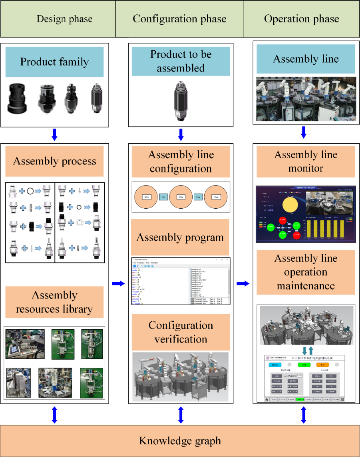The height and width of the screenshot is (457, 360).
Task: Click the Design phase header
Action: pos(64,19)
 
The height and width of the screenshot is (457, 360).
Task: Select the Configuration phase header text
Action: pos(179,19)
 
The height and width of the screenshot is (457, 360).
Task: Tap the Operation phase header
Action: pos(301,19)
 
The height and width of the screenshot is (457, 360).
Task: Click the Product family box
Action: pos(54,62)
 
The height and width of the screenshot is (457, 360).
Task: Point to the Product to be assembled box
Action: pos(181,61)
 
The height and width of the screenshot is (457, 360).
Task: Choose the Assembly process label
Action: pos(54,161)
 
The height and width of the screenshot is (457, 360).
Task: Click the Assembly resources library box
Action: pos(54,302)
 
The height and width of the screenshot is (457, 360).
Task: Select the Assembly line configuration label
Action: pos(181,161)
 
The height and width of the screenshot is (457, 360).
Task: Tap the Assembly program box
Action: pos(180,237)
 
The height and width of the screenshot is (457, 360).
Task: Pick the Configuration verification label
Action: pos(181,332)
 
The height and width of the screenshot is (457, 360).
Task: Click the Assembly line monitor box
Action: pos(306,161)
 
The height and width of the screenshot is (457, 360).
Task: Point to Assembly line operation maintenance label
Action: pos(306,272)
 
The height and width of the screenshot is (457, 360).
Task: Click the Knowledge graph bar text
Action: pos(180,441)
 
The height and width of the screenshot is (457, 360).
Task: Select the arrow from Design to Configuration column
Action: pos(118,283)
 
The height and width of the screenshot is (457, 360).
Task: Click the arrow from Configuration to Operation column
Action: pos(243,283)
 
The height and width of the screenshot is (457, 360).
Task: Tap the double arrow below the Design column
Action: pos(55,415)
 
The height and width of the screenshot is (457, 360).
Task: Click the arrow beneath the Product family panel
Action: pos(55,135)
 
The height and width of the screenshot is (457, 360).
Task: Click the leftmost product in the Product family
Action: pos(19,99)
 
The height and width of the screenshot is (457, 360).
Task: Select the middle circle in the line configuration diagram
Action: pos(181,197)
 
